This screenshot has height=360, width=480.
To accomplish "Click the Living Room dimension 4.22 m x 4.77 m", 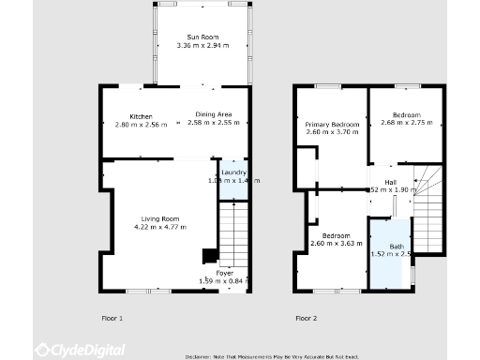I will click(x=156, y=226).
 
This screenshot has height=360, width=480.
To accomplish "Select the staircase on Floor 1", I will click(x=233, y=234).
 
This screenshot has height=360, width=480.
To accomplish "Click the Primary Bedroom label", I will click(x=332, y=125).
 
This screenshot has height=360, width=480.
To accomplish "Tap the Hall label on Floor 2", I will click(x=390, y=182).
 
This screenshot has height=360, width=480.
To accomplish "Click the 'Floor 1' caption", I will click(x=112, y=319).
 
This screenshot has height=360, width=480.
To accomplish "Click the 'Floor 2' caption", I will click(x=306, y=319).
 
